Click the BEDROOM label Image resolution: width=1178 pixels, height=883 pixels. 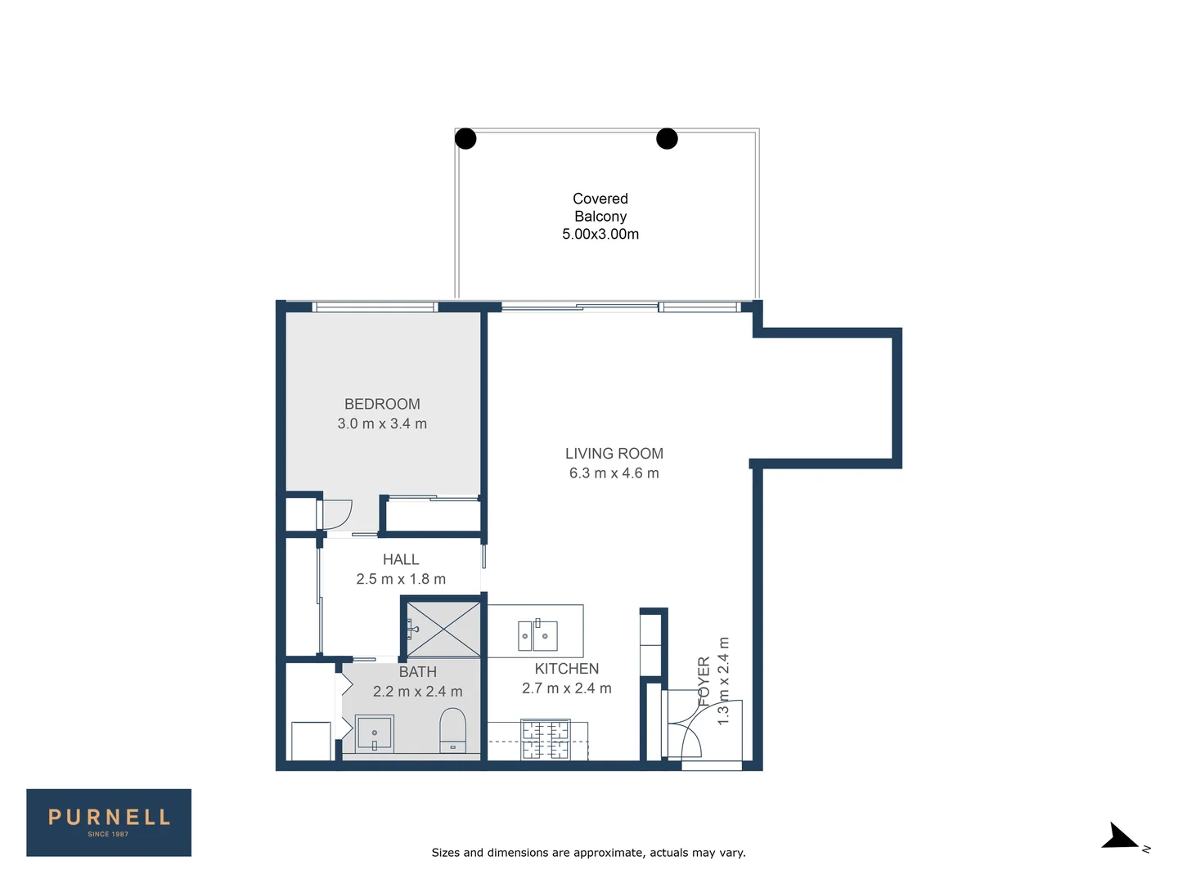coord(382,404)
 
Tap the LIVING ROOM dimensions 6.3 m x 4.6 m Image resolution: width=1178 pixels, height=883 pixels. coord(614,473)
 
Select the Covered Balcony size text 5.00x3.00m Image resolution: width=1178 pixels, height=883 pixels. coord(600,234)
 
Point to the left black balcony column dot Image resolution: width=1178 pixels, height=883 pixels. coord(465,139)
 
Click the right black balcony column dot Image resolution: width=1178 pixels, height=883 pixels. coord(667,139)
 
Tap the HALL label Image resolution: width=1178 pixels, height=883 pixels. coord(401,559)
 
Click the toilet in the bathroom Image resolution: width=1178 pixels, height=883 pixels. coord(452,730)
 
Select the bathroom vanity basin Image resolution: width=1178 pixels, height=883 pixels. coord(375,733)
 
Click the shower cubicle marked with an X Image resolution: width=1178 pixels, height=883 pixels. coord(443,629)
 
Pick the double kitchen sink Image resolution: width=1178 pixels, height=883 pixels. coord(537,635)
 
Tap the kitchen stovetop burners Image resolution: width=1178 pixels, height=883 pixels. coord(546,740)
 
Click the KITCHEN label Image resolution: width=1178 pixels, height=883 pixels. coord(566,669)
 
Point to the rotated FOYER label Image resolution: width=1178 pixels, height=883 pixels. coord(704,680)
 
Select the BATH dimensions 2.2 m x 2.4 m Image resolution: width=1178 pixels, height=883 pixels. coord(417,692)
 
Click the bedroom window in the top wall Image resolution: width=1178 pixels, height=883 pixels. coord(375,307)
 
